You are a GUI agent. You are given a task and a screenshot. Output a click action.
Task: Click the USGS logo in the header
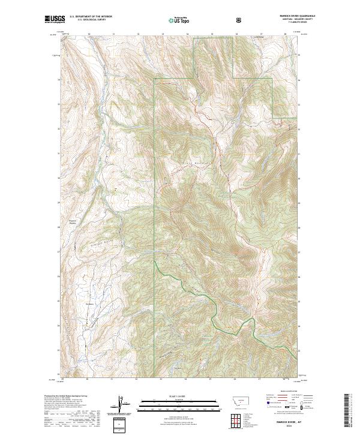point(55,20)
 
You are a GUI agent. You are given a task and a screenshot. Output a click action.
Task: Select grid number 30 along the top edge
point(88,34)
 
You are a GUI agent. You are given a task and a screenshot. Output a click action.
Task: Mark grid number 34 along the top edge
point(187,34)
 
